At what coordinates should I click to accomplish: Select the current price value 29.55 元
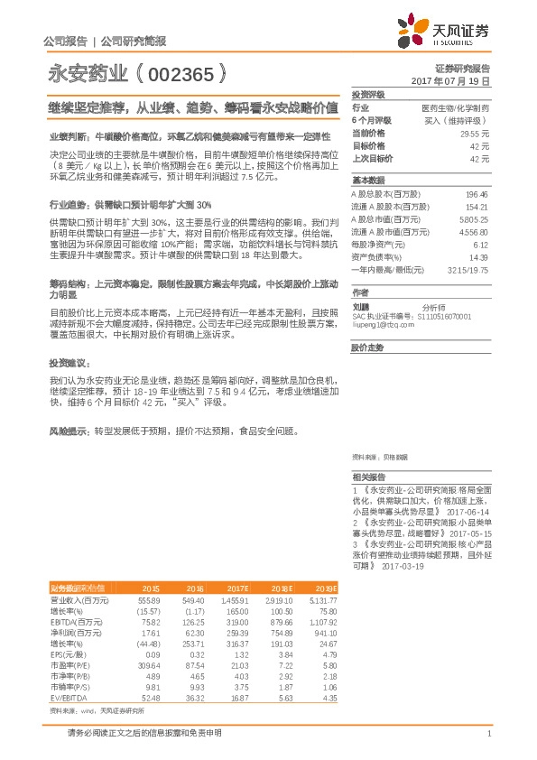(475, 133)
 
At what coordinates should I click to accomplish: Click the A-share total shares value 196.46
(477, 194)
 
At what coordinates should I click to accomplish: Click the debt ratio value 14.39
(479, 256)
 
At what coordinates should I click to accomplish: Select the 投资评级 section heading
(368, 95)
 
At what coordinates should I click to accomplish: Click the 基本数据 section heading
(368, 181)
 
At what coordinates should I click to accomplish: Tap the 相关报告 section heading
(368, 477)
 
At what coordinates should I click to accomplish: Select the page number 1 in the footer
(487, 733)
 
